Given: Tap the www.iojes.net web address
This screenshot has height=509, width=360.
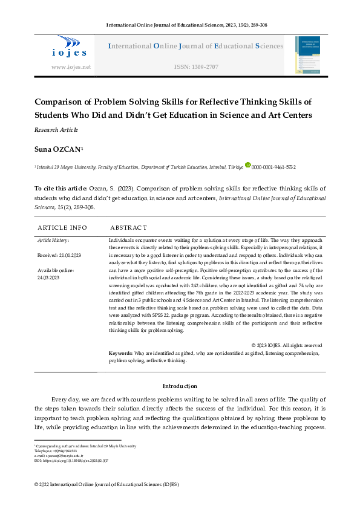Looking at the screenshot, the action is tap(71, 67).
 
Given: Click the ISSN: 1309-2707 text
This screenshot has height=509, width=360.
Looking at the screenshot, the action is tap(196, 67).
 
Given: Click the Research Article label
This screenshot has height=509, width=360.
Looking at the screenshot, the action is tap(56, 130).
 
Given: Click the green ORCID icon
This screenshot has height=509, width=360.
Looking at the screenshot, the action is tap(247, 165).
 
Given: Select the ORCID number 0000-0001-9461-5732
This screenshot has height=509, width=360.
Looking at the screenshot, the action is tap(273, 166).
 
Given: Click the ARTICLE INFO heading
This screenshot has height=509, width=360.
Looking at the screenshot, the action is tap(62, 228).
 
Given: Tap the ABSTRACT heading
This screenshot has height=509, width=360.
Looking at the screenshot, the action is tap(128, 228).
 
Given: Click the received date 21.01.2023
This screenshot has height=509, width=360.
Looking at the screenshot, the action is tap(59, 256).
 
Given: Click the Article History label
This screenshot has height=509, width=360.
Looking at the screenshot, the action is tap(53, 241).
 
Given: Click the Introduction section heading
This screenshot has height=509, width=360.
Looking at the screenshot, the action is tap(180, 386).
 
